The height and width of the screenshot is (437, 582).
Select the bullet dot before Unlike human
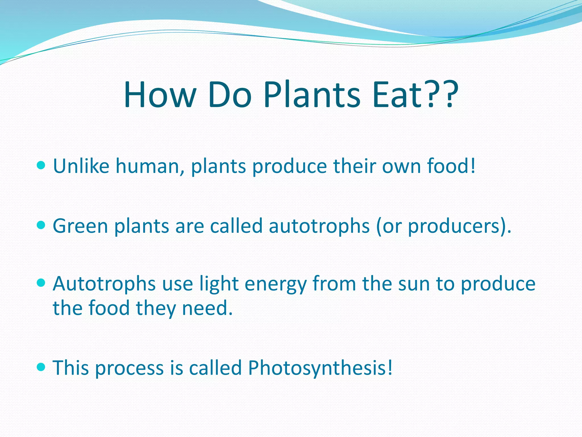pos(41,165)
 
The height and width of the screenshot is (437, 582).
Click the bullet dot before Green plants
pos(41,225)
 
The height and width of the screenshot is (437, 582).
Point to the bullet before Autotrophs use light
pos(41,283)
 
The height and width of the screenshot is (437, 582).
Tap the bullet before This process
pos(41,367)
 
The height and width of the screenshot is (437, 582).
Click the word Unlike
pos(81,166)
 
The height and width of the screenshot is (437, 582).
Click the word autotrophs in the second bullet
pos(319,226)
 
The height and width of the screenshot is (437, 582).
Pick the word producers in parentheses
pos(454,226)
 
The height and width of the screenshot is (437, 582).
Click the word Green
pos(80,226)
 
